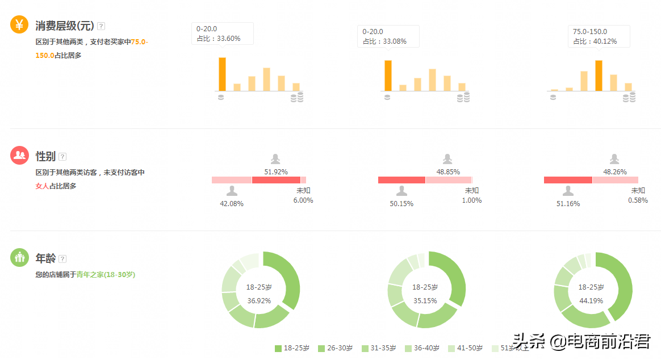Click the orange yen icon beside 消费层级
[19, 24]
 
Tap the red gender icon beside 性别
[19, 155]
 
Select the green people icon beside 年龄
[19, 257]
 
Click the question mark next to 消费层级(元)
[101, 26]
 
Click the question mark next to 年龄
[62, 259]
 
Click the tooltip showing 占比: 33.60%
[223, 34]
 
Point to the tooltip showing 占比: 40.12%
[599, 36]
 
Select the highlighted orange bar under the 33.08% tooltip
[388, 76]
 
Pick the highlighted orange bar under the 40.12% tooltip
[599, 76]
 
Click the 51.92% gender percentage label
[276, 171]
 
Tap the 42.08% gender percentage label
[232, 203]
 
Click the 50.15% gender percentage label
[401, 203]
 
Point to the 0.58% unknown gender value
[638, 200]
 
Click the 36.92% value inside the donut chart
[259, 300]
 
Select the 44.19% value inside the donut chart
[591, 300]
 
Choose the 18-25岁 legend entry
[292, 348]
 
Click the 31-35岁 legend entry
[379, 348]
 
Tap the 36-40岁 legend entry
[423, 348]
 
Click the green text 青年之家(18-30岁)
[106, 274]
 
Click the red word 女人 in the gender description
[42, 186]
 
